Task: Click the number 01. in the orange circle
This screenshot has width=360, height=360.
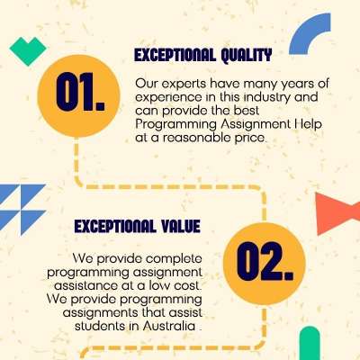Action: [x=81, y=92]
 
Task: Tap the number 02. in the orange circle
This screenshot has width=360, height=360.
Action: [x=265, y=261]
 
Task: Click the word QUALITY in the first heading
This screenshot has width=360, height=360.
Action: [x=247, y=56]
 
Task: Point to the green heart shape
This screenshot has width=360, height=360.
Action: [x=28, y=50]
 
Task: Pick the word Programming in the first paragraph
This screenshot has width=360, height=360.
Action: [x=175, y=125]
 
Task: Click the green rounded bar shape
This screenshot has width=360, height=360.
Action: [x=310, y=343]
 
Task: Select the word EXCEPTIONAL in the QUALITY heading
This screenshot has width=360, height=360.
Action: [x=175, y=56]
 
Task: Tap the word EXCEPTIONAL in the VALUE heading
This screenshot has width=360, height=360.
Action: [x=115, y=226]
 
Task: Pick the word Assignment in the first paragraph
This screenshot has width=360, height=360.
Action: [x=254, y=125]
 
